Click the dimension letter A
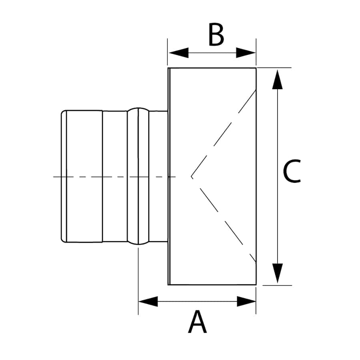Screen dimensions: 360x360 pos(197,322)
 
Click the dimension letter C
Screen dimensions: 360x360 pos(292,172)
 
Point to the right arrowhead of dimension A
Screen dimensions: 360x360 pos(246,301)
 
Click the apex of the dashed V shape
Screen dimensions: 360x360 pos(191,176)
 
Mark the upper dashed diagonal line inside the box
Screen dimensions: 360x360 pos(224,132)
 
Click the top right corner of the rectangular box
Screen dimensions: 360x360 pos(256,68)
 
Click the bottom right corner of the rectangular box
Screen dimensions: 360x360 pos(256,285)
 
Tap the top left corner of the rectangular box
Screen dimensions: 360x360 pos(168,68)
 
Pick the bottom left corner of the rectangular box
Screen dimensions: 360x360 pos(168,285)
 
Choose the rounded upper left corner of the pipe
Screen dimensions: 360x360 pos(63,112)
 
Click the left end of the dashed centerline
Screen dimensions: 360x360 pos(54,176)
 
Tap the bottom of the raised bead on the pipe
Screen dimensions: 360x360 pos(138,244)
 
